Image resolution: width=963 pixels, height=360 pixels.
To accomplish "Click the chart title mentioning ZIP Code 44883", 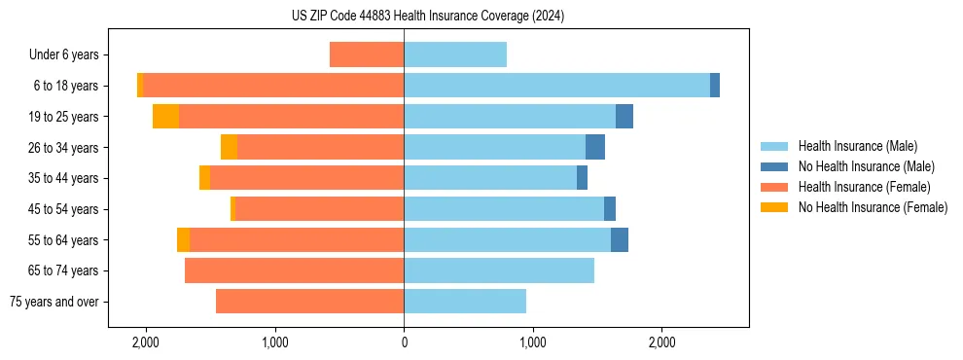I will coord(427,17).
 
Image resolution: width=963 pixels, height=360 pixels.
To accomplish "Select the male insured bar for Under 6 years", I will coord(455,54).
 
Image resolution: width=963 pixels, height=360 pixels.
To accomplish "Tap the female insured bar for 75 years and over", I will coord(309,302).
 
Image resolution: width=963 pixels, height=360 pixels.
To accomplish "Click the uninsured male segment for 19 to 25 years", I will coord(624,117).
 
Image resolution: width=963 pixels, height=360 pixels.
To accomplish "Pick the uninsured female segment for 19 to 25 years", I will coord(165,117).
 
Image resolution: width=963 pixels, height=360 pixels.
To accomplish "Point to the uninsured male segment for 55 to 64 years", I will coord(620,240).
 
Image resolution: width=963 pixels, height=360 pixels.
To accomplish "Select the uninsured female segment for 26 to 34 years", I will coord(229,147).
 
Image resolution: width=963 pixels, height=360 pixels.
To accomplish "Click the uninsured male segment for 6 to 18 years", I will coord(715,86).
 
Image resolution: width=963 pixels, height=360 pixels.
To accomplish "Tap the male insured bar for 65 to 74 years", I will coord(499,270).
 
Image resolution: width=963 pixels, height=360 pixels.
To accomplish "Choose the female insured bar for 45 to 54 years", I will coord(319,209).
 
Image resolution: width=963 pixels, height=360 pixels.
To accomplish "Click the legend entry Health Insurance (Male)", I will coord(857,146).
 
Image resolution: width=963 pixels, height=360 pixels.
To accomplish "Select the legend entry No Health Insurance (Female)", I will coord(873,207).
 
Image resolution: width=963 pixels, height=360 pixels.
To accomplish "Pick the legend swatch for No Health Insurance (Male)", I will coord(775,166).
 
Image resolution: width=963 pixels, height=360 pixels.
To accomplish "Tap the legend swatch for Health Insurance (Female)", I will coord(775,187).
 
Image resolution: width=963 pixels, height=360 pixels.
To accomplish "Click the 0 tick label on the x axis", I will coord(404,342).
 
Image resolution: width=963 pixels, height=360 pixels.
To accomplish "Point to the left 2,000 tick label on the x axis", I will coord(146,342).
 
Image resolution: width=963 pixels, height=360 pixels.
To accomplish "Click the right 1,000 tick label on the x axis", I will coord(532,342).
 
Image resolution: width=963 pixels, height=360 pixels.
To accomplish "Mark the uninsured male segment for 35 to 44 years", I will coord(582,178).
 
